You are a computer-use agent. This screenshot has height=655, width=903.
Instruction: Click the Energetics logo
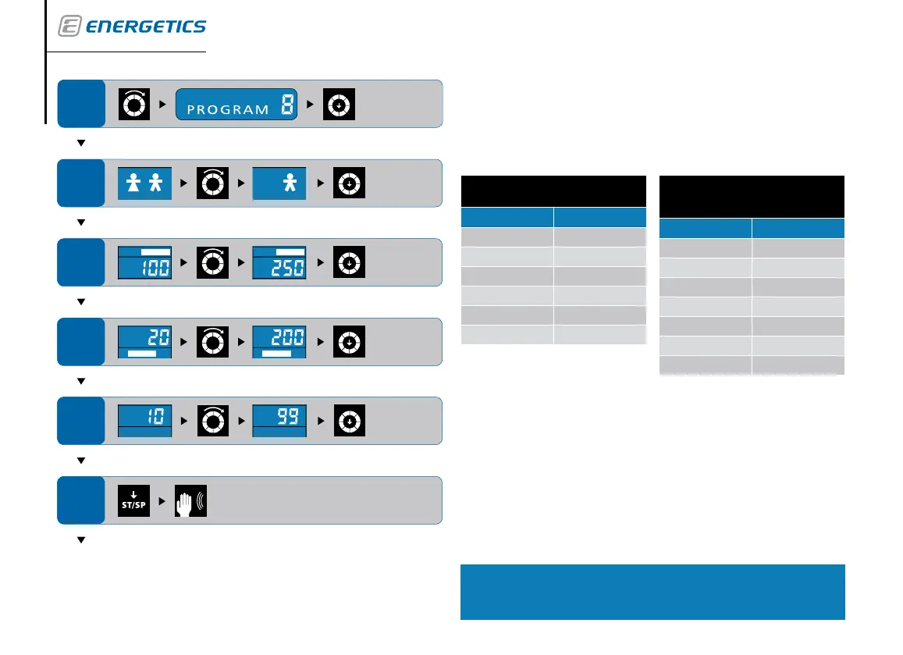tap(132, 27)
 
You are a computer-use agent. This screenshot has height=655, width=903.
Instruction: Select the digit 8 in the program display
tap(286, 105)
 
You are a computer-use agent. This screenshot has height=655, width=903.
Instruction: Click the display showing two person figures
tap(144, 183)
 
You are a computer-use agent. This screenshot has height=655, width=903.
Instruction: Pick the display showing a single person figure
tap(279, 183)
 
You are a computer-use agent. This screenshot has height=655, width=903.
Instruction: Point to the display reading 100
tap(144, 262)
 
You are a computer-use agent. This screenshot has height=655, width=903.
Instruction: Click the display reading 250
tap(279, 262)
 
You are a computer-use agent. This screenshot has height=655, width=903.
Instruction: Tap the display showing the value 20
tap(144, 342)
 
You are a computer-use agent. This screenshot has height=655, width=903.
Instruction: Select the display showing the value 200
tap(279, 342)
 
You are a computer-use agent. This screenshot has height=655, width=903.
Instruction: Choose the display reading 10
tap(144, 422)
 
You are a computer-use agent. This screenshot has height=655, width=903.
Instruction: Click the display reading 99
tap(279, 422)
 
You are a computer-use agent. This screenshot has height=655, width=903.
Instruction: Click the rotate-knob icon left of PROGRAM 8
tap(133, 104)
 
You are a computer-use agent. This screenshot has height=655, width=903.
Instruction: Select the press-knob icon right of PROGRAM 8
tap(340, 104)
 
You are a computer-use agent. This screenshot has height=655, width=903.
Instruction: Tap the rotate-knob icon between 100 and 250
tap(212, 262)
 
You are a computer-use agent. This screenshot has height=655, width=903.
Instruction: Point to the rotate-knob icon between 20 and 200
tap(212, 342)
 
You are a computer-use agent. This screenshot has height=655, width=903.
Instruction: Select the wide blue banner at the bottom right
tap(652, 592)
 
